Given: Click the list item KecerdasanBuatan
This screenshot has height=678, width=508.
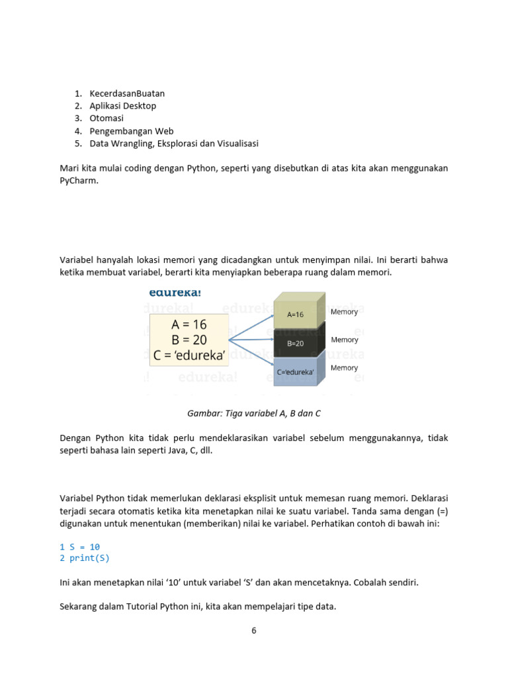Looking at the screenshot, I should point(127,93).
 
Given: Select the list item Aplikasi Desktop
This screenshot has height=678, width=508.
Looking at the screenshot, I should point(123,106).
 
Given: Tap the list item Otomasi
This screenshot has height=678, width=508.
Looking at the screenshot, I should point(106,119).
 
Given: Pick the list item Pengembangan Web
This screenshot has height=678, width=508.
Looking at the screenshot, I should point(132,131).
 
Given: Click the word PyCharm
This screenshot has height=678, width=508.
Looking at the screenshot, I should point(77,180).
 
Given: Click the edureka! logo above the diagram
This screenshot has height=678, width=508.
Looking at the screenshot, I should point(175,292).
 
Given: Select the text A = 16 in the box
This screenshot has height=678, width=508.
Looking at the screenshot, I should point(189,324).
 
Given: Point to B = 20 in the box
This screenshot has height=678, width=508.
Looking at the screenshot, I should point(189,340).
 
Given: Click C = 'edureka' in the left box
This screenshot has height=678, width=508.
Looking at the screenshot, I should point(189,356).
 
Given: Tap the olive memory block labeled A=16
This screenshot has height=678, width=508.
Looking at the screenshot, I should point(295,315).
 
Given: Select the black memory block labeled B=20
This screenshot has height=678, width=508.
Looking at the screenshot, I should point(295,344).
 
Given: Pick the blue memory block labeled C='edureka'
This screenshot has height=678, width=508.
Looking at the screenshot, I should point(295,372).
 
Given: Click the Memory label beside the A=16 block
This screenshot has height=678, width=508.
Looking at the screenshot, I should point(344,312).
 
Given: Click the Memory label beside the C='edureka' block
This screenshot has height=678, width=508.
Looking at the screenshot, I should point(344,368).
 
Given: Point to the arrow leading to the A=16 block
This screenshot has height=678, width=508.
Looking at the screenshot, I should point(251,324).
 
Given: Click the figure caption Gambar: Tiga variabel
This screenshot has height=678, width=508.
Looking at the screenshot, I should point(254,413).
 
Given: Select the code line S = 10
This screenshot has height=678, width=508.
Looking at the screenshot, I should point(84,547).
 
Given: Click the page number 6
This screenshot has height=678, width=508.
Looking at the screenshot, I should point(253,630).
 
